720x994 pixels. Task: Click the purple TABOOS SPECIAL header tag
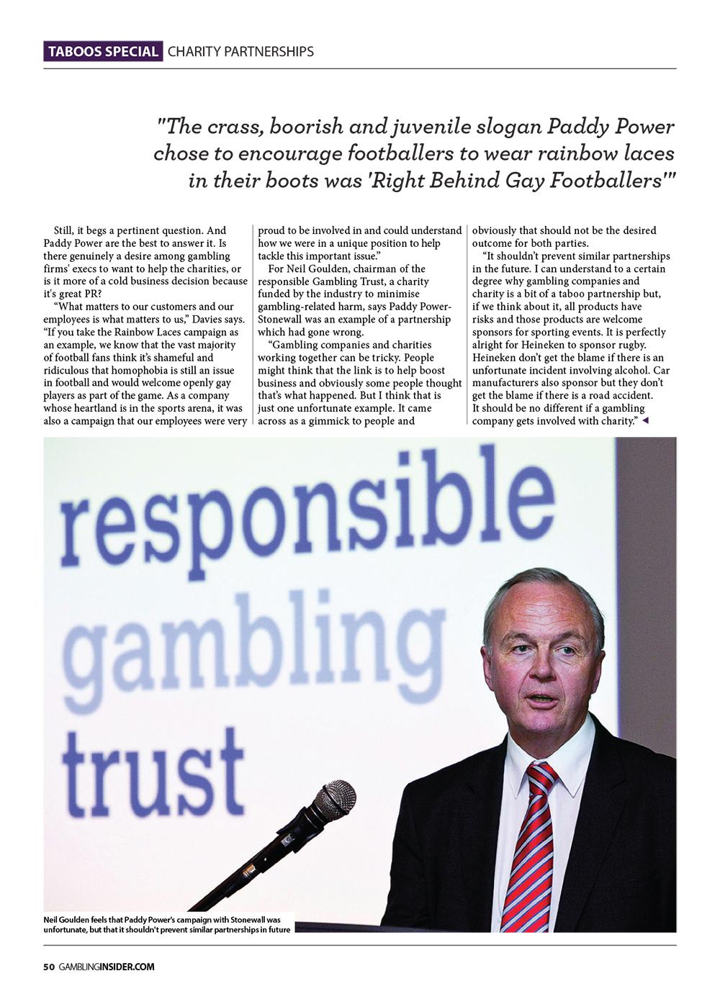[103, 52]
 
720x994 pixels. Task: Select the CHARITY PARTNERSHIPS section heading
[240, 52]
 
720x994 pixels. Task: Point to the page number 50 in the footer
[49, 967]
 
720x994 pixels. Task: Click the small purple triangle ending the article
[644, 421]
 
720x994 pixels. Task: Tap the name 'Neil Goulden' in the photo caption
[67, 921]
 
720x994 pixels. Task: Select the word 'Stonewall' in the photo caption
[251, 921]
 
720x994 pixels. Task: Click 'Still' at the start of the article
[66, 231]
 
